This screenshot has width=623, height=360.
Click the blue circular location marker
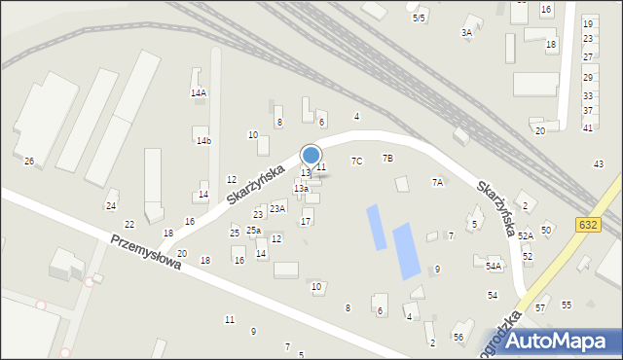(311, 155)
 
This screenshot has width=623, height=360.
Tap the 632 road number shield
(587, 225)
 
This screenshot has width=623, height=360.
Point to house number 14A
(198, 92)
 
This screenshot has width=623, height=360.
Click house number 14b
(202, 141)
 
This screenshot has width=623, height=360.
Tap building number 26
(29, 161)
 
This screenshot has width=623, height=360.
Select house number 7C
(357, 161)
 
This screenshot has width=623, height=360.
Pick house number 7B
(387, 158)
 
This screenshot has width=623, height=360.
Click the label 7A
(438, 182)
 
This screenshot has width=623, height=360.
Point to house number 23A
(277, 208)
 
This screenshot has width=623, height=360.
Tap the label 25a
(253, 230)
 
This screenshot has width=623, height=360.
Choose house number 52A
(526, 235)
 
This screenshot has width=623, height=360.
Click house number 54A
(494, 266)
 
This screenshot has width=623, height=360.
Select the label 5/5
(419, 18)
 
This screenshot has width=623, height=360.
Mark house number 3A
(467, 32)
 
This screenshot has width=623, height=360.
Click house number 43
(599, 163)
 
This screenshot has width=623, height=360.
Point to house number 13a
(301, 189)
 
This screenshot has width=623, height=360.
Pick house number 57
(541, 307)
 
